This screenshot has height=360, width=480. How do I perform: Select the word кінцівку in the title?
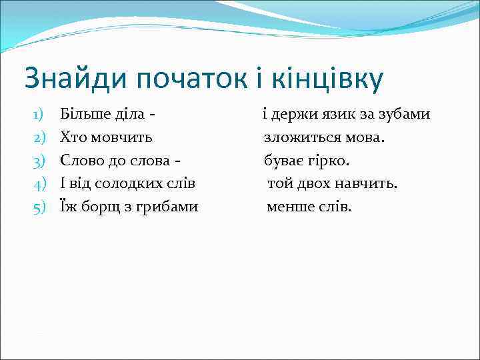pos(337,79)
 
